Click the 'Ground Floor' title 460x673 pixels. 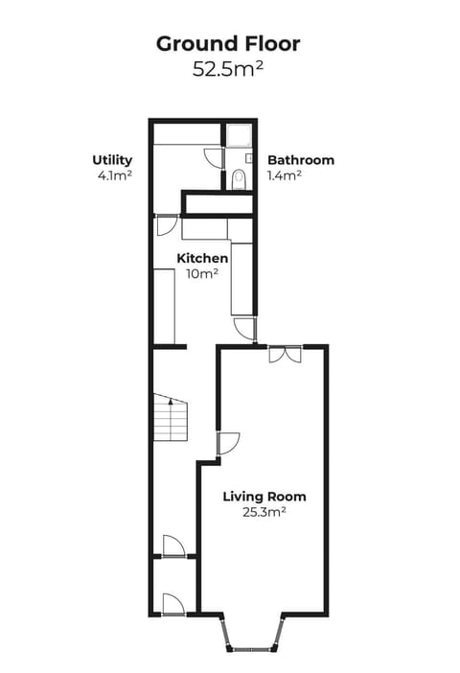[228, 43]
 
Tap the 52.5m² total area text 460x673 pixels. [228, 69]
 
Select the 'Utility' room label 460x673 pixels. [112, 160]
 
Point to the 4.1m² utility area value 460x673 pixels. [112, 176]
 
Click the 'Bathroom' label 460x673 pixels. [301, 160]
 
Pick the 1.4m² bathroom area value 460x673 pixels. [285, 176]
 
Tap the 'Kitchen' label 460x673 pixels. [202, 259]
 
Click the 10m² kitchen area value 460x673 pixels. [202, 274]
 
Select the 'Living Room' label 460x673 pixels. [264, 497]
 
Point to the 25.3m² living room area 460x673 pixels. [264, 512]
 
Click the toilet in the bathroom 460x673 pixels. [239, 177]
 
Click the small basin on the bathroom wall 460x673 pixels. [247, 156]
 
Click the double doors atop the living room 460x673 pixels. [285, 354]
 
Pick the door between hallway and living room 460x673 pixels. [228, 444]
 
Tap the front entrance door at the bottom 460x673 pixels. [172, 603]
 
